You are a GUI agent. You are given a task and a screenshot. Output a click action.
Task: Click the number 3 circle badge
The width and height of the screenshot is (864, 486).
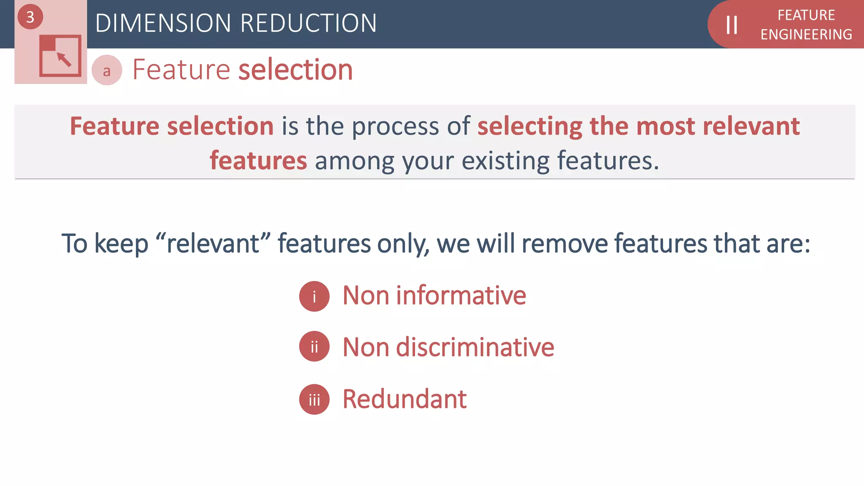[30, 17]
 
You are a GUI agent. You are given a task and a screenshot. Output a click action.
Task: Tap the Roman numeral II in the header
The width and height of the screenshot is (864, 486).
[732, 25]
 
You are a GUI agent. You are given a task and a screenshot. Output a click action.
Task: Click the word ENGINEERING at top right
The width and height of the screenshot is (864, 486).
[806, 35]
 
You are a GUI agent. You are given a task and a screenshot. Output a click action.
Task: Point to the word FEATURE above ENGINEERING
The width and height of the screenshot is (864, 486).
[806, 15]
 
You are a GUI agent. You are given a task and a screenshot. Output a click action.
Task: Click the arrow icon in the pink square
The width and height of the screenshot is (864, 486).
[64, 59]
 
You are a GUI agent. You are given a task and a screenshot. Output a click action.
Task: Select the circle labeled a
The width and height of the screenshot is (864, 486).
[107, 70]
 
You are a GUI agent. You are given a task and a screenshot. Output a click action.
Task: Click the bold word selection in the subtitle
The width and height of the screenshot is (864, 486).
[295, 70]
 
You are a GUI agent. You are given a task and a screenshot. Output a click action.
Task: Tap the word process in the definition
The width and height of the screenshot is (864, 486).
[395, 126]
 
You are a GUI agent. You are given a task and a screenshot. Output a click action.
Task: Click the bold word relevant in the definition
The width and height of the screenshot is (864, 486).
[751, 126]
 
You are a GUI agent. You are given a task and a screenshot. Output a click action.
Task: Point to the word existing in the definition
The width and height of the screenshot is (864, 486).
[506, 161]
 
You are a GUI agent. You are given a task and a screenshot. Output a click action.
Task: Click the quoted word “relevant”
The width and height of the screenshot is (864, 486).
[213, 243]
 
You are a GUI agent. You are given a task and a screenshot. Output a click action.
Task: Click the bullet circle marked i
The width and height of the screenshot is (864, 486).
[314, 297]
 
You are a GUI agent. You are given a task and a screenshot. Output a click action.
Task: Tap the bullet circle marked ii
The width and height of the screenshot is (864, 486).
[314, 347]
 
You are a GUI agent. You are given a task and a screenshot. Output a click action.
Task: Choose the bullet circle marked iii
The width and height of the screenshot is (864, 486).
[314, 399]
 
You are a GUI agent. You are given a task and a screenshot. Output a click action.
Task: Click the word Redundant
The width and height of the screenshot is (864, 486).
[405, 399]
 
